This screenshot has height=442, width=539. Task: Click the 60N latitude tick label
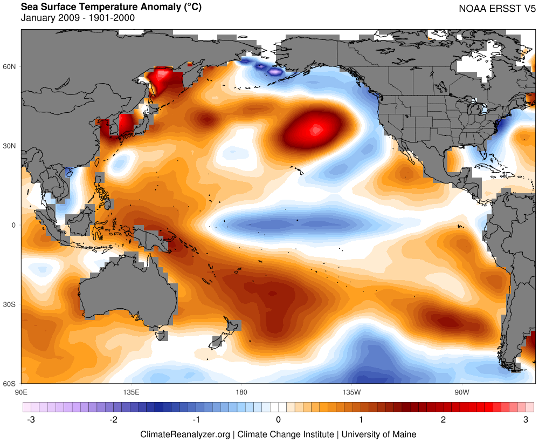pyautogui.click(x=10, y=67)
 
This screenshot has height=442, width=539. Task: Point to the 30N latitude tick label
pyautogui.click(x=10, y=146)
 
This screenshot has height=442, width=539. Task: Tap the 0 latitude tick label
pyautogui.click(x=15, y=225)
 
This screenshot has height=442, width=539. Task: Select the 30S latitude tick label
pyautogui.click(x=10, y=304)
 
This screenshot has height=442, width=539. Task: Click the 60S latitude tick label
pyautogui.click(x=10, y=384)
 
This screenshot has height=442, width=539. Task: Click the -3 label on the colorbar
pyautogui.click(x=31, y=419)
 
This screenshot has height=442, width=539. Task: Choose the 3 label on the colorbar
pyautogui.click(x=526, y=419)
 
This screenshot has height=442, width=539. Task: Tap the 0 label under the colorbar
pyautogui.click(x=278, y=419)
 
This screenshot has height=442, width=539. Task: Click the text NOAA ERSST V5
pyautogui.click(x=495, y=9)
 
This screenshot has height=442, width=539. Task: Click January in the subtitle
pyautogui.click(x=39, y=18)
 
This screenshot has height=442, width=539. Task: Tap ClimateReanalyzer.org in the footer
pyautogui.click(x=185, y=434)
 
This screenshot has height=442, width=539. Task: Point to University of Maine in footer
pyautogui.click(x=379, y=434)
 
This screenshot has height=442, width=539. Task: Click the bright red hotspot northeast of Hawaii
pyautogui.click(x=316, y=129)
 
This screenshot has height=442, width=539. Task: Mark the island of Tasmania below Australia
pyautogui.click(x=161, y=336)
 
